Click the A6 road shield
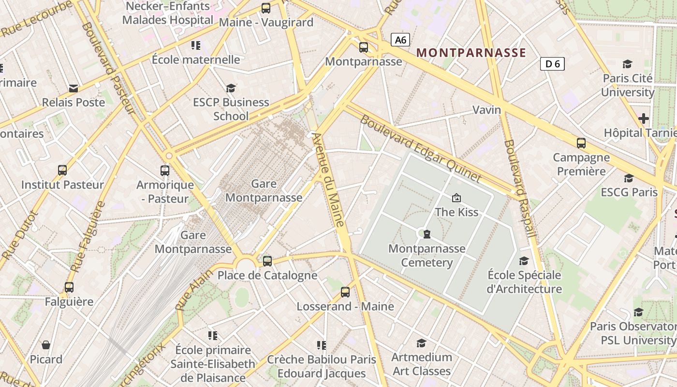point(400,40)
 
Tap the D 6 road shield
point(552,64)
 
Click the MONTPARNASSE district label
point(471,53)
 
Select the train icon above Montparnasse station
point(364,47)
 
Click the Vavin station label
point(486,110)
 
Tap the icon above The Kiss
point(456,198)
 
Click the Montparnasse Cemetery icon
point(427,235)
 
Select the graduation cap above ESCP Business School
point(231,88)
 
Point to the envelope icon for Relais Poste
point(74,88)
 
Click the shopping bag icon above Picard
point(46,345)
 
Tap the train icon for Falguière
point(69,287)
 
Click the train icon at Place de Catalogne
point(267,261)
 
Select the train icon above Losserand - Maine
point(345,292)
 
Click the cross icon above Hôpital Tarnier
point(643,118)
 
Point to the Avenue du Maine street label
point(328,179)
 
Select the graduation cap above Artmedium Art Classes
point(421,343)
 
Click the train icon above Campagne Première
point(581,143)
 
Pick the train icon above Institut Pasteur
point(62,170)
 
